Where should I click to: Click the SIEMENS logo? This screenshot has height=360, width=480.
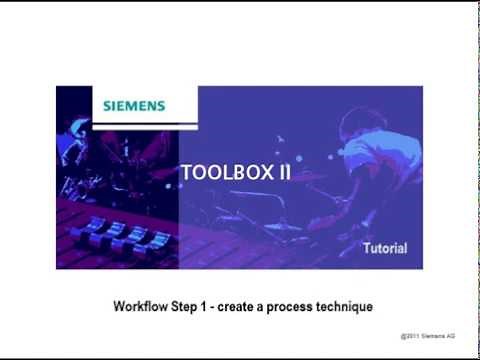[134, 105]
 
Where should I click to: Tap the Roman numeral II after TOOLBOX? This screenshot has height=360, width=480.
[284, 172]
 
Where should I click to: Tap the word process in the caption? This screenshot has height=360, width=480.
[296, 304]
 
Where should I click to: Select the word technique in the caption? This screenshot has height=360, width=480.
[347, 304]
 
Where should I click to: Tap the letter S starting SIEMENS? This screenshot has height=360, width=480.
[108, 105]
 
